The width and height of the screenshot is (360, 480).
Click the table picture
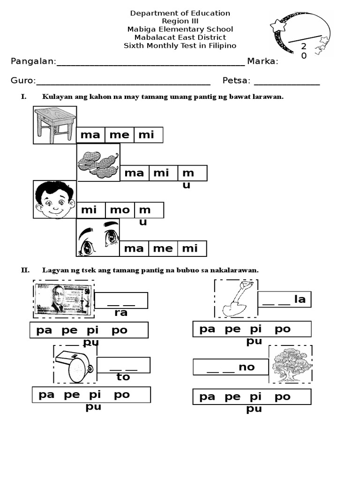pyautogui.click(x=54, y=125)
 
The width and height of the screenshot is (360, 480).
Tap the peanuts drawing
pyautogui.click(x=98, y=162)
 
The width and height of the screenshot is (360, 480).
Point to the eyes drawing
pyautogui.click(x=98, y=237)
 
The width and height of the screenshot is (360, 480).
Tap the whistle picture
pyautogui.click(x=75, y=364)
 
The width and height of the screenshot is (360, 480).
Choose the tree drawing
pyautogui.click(x=291, y=364)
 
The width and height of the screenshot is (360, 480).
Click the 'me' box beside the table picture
pyautogui.click(x=119, y=135)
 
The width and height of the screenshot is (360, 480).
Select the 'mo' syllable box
pyautogui.click(x=120, y=210)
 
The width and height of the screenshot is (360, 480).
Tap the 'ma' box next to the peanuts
pyautogui.click(x=135, y=173)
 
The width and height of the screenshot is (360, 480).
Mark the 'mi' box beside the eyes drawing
pyautogui.click(x=190, y=248)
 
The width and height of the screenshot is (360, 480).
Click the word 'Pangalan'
pyautogui.click(x=32, y=61)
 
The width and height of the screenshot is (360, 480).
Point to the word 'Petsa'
pyautogui.click(x=236, y=81)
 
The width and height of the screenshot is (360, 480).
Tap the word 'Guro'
pyautogui.click(x=22, y=81)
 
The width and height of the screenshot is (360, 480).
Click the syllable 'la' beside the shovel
pyautogui.click(x=300, y=299)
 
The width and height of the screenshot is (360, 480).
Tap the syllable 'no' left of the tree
pyautogui.click(x=247, y=367)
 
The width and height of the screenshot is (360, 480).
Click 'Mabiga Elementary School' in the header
pyautogui.click(x=180, y=29)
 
